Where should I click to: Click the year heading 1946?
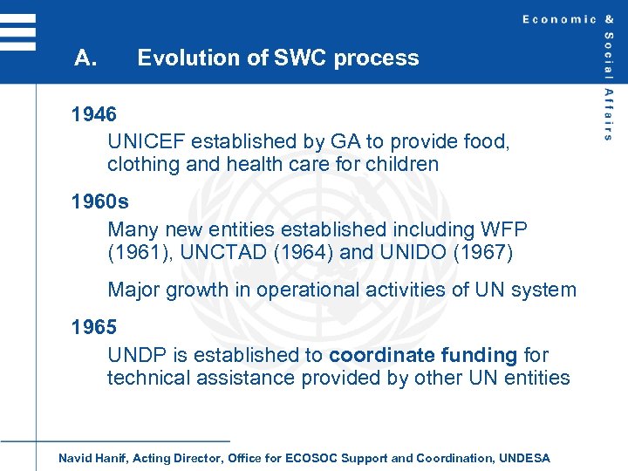(x=94, y=114)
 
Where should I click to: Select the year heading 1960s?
(x=99, y=201)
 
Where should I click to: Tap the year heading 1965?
(x=94, y=327)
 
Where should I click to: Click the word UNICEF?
(x=147, y=141)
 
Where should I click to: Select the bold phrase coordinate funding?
(x=423, y=355)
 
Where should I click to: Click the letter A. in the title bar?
(x=85, y=58)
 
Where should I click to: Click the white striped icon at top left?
(x=18, y=33)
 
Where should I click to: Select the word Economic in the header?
(x=559, y=19)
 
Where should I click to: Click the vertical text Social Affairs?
(x=608, y=87)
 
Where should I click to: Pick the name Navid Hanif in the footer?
(x=92, y=458)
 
